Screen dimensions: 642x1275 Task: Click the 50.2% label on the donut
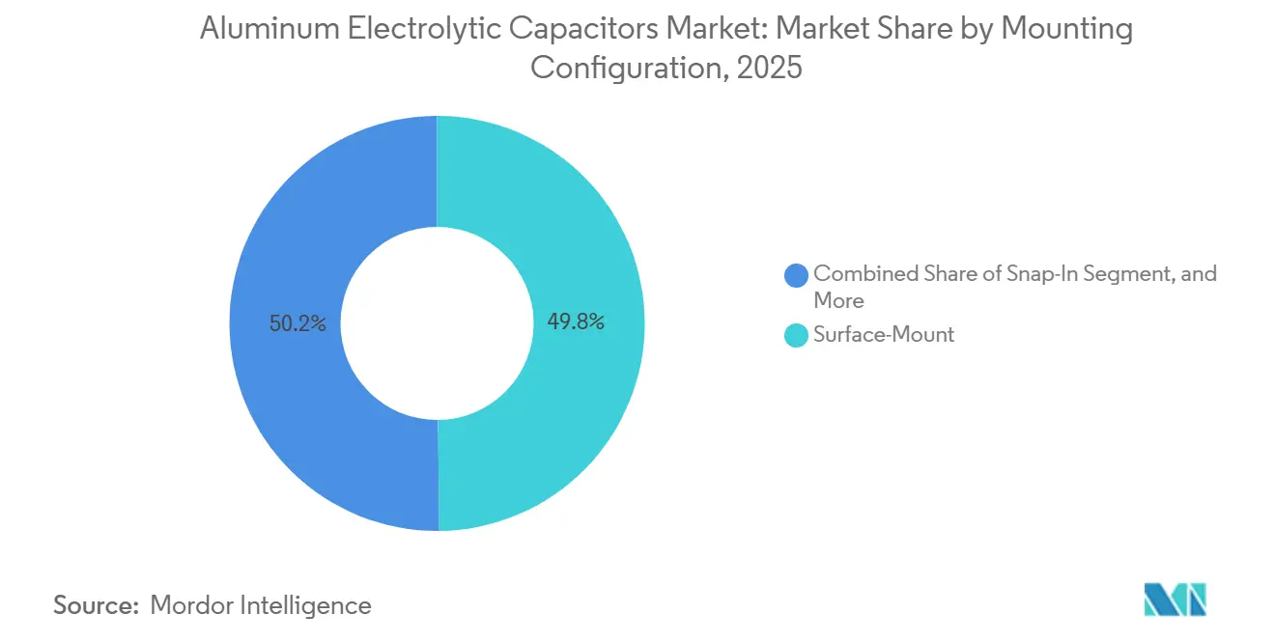(298, 324)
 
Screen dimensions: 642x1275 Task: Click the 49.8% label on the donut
(576, 322)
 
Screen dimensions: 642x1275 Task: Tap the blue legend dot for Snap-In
(797, 275)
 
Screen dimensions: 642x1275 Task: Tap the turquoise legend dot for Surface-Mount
(797, 335)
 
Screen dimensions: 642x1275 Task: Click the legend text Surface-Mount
(884, 335)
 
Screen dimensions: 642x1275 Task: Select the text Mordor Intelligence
(261, 605)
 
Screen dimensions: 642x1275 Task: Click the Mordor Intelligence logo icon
(1175, 600)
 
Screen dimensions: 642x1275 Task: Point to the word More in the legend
(838, 300)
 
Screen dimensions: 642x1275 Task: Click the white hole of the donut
(438, 323)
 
